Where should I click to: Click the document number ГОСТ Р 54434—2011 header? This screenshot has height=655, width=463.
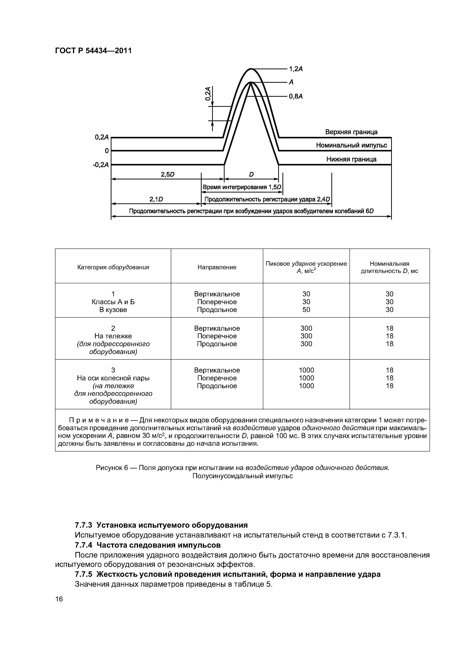(93, 51)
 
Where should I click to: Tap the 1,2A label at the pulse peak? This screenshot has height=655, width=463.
(296, 69)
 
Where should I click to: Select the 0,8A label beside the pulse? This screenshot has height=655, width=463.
(296, 97)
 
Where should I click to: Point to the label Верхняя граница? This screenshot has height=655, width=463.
(351, 132)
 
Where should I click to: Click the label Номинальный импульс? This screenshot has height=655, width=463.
(351, 145)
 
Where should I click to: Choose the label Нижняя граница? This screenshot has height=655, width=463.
(351, 159)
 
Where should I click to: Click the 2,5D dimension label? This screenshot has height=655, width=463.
(167, 175)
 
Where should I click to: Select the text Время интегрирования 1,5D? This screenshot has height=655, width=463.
(242, 187)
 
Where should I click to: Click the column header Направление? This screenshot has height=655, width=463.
(217, 267)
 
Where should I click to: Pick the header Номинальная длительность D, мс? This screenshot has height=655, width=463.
(389, 267)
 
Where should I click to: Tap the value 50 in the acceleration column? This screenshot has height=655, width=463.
(306, 310)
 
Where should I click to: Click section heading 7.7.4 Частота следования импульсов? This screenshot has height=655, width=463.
(147, 545)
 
